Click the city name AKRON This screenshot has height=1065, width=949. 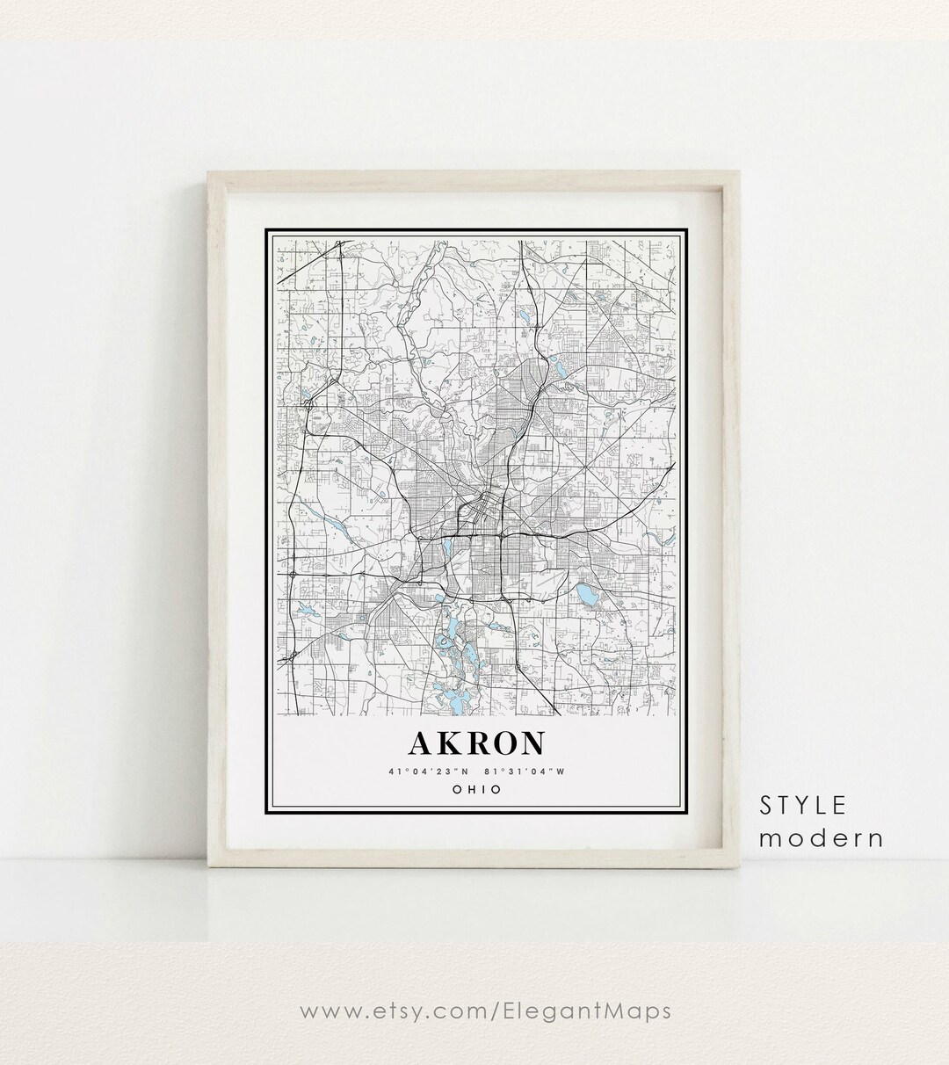coord(475,743)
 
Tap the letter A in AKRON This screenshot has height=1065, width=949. coord(422,743)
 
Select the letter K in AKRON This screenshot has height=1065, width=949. coord(448,743)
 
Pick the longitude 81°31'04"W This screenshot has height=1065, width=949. coord(525,772)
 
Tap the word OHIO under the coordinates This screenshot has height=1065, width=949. coord(475,789)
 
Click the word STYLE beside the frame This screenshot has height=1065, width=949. coord(803,804)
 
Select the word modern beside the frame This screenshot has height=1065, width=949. coord(821,837)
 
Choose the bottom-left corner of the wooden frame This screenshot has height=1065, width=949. coord(209,868)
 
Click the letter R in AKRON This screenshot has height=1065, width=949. coord(474,743)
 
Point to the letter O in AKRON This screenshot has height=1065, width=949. coord(502,743)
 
